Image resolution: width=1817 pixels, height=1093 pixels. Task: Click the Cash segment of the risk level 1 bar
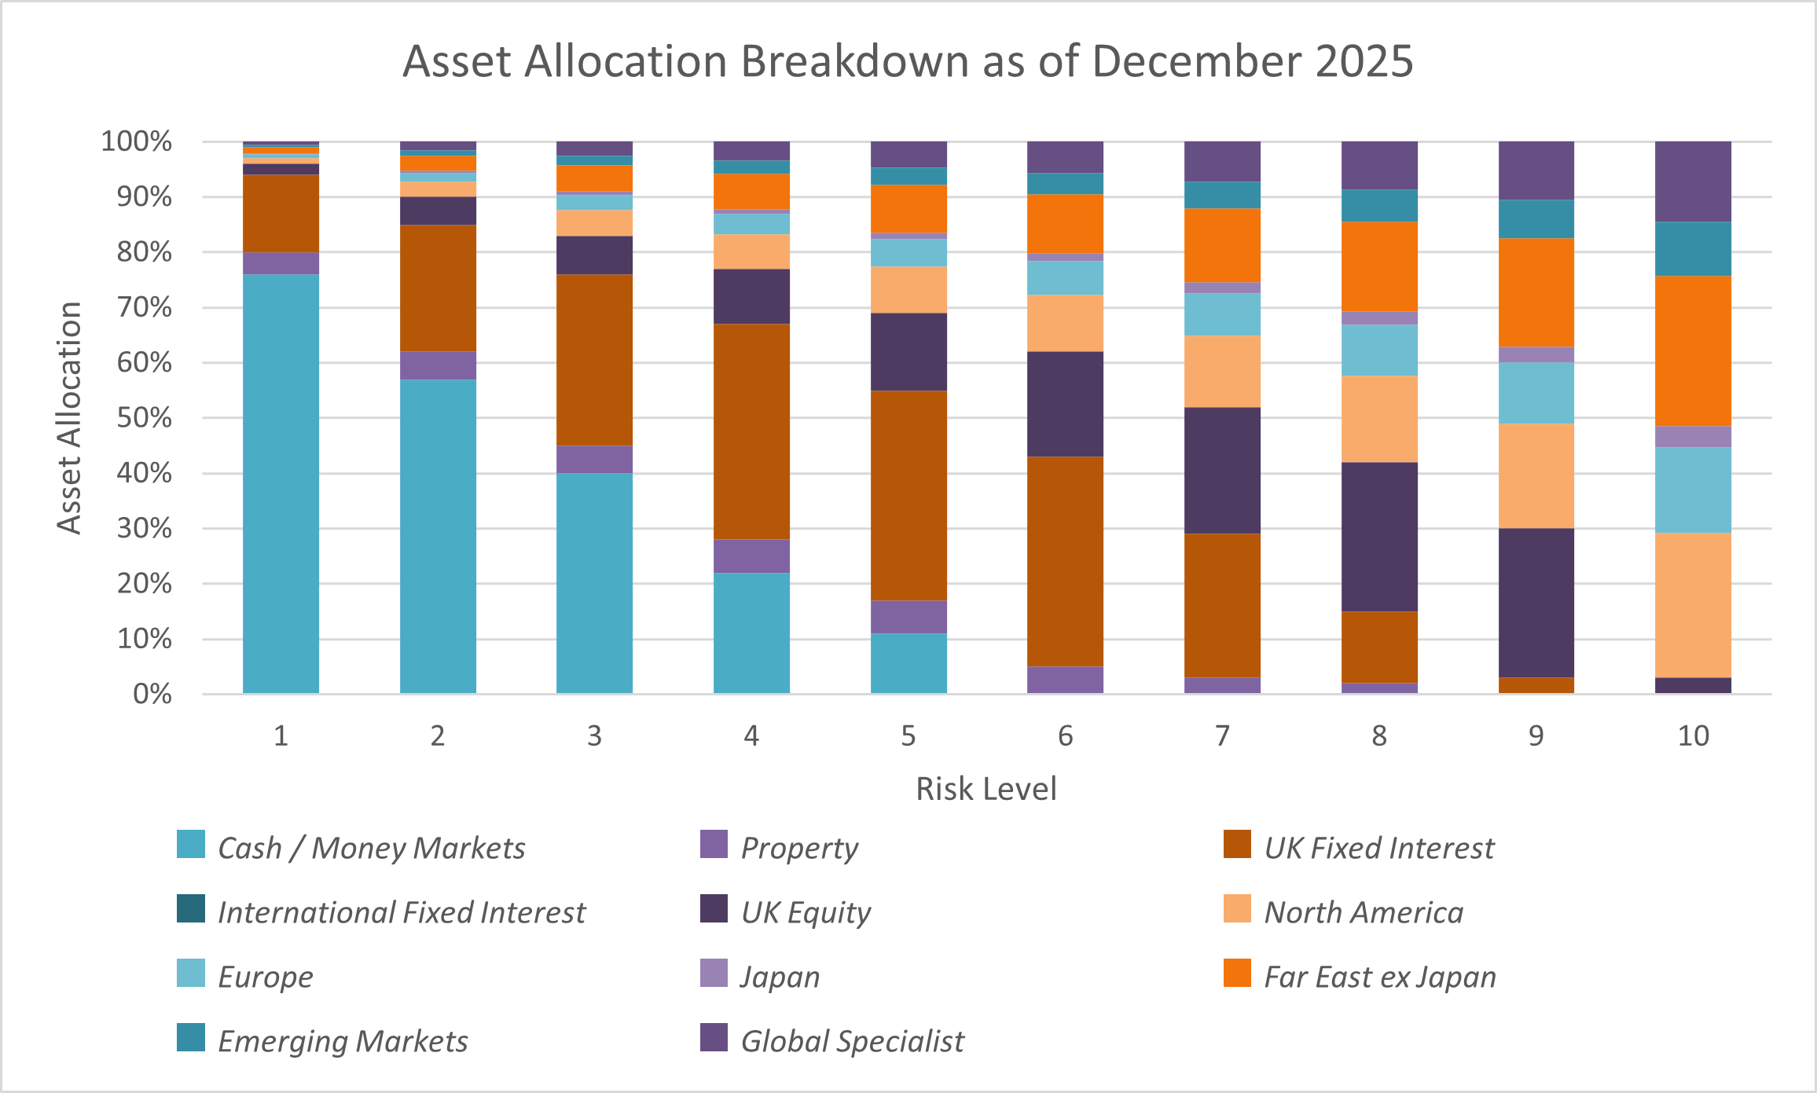(281, 483)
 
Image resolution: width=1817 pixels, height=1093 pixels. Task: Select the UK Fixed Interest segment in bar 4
(751, 431)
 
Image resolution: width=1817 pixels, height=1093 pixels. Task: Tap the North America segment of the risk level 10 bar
(1693, 605)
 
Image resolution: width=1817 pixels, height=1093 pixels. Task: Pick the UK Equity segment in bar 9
(1536, 603)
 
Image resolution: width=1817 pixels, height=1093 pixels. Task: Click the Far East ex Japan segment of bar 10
(1693, 350)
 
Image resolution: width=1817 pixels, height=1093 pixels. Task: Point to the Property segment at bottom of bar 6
(1065, 680)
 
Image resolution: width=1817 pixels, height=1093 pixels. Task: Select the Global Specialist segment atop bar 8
(1379, 165)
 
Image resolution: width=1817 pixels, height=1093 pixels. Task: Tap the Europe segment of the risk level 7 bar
(1222, 314)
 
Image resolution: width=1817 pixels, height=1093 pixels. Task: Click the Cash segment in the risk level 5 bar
(908, 663)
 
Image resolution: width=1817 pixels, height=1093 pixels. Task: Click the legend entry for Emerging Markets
(342, 1040)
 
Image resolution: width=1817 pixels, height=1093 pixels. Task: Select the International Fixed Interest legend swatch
(191, 908)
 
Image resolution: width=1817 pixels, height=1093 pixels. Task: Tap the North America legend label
(1364, 911)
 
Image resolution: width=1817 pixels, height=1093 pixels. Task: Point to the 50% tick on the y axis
(145, 417)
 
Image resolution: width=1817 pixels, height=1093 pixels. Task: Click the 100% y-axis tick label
(137, 141)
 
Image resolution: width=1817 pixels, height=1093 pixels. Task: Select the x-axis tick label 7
(1222, 735)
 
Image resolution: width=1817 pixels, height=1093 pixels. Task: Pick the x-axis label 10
(1693, 735)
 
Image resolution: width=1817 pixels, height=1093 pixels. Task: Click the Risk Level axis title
(986, 788)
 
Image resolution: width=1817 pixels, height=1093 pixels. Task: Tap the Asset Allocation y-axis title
(69, 417)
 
